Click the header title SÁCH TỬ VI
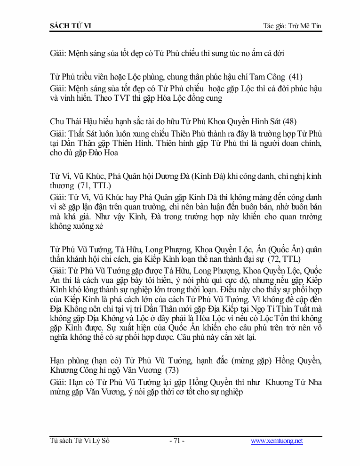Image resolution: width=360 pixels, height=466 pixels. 71,25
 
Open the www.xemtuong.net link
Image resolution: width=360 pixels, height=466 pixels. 277,441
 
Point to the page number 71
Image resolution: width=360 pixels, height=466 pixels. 176,441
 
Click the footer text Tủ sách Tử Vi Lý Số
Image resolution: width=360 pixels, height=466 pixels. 80,441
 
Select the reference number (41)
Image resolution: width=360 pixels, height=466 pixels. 295,76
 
